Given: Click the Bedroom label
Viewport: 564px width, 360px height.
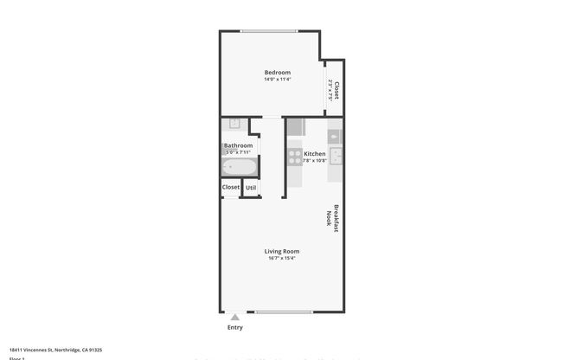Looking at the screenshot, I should point(277,72).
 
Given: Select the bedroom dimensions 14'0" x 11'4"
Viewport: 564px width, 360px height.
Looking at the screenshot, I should point(277,80).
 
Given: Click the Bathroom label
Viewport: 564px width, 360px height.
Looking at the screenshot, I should point(238,145).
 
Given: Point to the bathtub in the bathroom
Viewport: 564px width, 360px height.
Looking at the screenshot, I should point(240,167).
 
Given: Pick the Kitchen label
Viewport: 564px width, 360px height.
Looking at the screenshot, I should point(314,154).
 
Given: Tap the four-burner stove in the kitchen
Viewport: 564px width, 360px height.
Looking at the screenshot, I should point(294,157).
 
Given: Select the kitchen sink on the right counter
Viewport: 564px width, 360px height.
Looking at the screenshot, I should point(336,157).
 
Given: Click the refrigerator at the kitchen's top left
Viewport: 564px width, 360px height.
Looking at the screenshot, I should point(295,127).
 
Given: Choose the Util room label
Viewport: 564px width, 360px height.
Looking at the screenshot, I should point(251,187).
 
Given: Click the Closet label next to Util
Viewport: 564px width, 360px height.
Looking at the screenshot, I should point(231,187).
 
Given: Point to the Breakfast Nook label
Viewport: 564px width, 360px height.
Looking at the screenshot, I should point(329,215).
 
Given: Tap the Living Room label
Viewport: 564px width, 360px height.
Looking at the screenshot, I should point(281,251).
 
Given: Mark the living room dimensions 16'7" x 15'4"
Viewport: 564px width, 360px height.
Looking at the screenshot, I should point(281,258).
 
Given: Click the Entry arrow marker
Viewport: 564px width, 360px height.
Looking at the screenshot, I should point(235,318).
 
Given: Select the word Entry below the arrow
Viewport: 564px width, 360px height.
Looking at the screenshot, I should point(235,327).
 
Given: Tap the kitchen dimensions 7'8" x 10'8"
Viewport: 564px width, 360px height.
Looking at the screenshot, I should point(314,161).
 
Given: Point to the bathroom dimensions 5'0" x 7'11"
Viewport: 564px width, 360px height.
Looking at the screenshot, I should point(238,152).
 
